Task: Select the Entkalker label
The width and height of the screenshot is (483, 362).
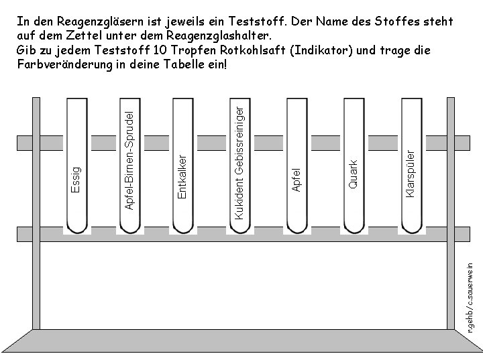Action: [x=181, y=174]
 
